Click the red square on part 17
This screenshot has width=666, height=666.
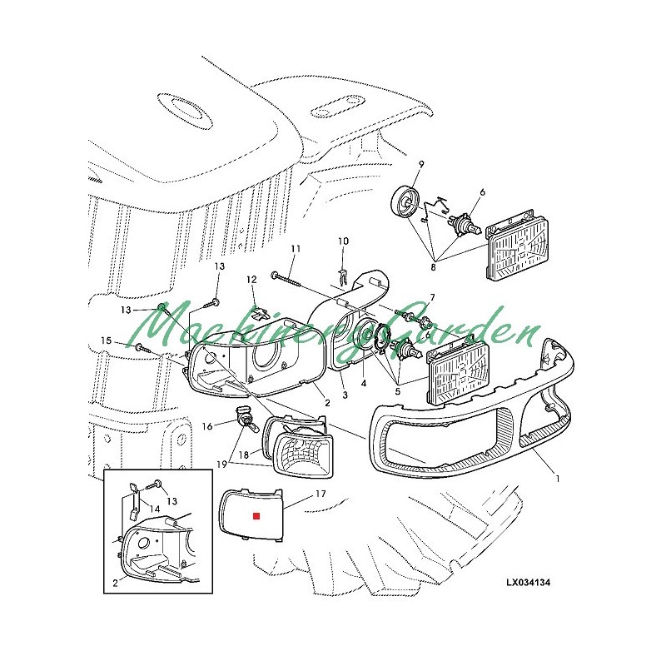pos(256,515)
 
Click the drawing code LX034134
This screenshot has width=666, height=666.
pos(528,582)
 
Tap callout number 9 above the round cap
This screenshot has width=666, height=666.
pos(421,163)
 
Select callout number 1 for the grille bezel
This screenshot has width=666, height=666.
pos(558,479)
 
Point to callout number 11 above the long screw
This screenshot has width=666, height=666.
pos(296,248)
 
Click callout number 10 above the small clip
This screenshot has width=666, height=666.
pos(343,241)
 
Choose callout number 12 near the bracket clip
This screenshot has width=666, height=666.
pos(251,280)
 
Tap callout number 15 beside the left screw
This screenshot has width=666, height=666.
pos(107,340)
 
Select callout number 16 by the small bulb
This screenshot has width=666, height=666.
pos(206,426)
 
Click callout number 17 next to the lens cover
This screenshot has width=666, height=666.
pos(321,494)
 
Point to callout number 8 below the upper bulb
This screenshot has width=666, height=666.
pos(433,267)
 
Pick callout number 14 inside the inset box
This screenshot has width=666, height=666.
pos(155,509)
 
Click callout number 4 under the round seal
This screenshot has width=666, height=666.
pos(364,383)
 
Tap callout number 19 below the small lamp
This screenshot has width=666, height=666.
pos(221,465)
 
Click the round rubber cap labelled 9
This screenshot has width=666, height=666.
pos(405,201)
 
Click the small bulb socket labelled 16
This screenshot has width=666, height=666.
pos(246,420)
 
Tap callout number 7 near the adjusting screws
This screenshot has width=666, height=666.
pos(432,296)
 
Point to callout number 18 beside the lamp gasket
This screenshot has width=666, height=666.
pos(244,455)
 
